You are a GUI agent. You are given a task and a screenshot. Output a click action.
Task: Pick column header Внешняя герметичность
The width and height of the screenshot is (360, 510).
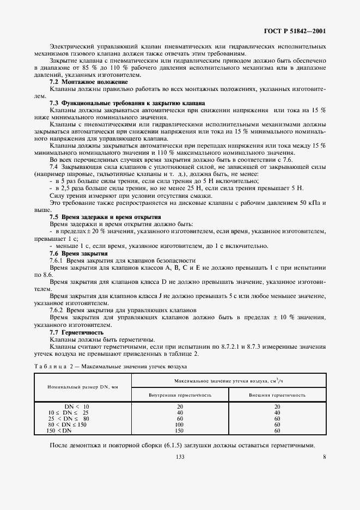(x=277, y=393)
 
